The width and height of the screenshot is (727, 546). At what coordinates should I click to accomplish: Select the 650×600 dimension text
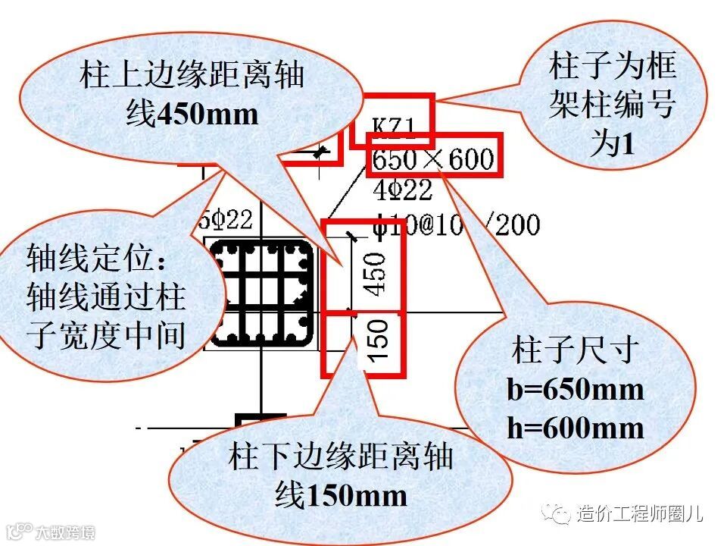tap(433, 160)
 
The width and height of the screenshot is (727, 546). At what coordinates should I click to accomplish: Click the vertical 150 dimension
tap(376, 340)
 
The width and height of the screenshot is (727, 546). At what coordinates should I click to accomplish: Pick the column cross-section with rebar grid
tap(262, 293)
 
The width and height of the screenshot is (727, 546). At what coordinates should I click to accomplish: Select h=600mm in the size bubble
tap(575, 428)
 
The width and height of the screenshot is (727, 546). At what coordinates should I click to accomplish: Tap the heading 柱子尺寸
tap(576, 350)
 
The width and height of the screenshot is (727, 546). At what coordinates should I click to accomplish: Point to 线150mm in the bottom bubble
tap(341, 496)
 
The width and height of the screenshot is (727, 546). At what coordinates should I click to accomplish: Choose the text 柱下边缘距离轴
tap(341, 457)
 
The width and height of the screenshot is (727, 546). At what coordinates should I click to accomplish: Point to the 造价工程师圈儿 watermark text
tap(639, 515)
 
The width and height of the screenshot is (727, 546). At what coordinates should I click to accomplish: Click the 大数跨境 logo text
tap(68, 532)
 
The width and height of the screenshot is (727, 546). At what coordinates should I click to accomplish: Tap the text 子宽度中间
tap(106, 334)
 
